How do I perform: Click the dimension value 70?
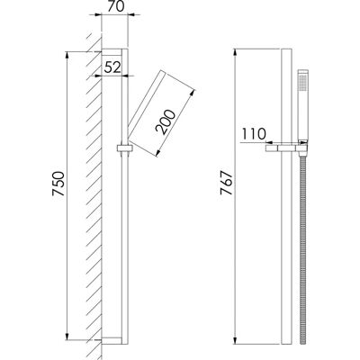click(x=116, y=6)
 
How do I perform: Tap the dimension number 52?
click(x=112, y=67)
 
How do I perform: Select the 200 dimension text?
click(x=166, y=122)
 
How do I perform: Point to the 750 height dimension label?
click(x=58, y=184)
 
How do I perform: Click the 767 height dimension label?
click(x=227, y=183)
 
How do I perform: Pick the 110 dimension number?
click(x=254, y=134)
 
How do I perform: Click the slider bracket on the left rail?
click(x=124, y=148)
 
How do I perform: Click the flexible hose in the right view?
click(x=303, y=249)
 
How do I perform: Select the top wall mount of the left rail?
click(x=112, y=52)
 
